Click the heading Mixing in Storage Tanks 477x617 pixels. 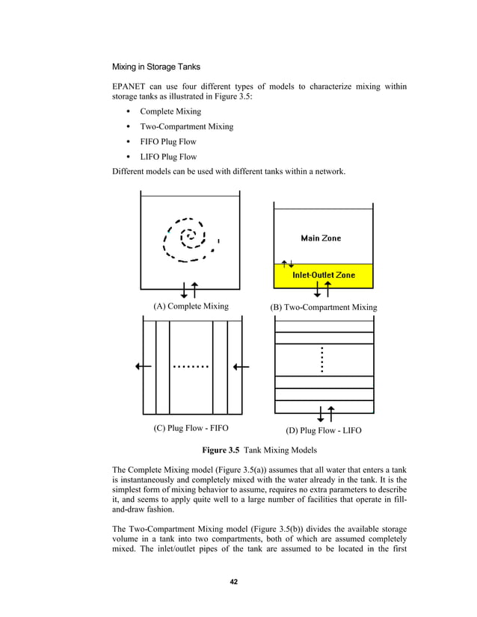156,66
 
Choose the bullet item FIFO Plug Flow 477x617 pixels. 168,142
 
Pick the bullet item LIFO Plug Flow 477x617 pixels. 168,157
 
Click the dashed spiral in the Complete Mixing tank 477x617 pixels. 190,239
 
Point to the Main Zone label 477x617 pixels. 321,238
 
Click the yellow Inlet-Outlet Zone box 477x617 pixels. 323,275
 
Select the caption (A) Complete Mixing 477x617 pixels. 191,306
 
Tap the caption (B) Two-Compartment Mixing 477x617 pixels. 323,308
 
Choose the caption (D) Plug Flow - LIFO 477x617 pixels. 323,430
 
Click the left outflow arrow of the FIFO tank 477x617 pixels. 144,366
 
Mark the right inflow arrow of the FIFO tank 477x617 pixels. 241,366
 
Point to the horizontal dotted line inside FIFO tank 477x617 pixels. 191,367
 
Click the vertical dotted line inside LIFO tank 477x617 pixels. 321,360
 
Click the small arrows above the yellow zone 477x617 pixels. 286,264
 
